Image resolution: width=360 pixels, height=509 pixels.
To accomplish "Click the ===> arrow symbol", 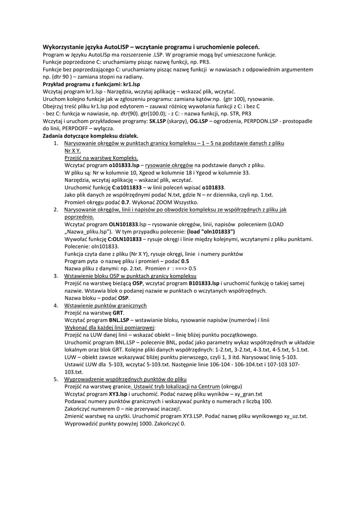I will [178, 268].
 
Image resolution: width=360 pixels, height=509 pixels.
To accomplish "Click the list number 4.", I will [56, 305].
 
